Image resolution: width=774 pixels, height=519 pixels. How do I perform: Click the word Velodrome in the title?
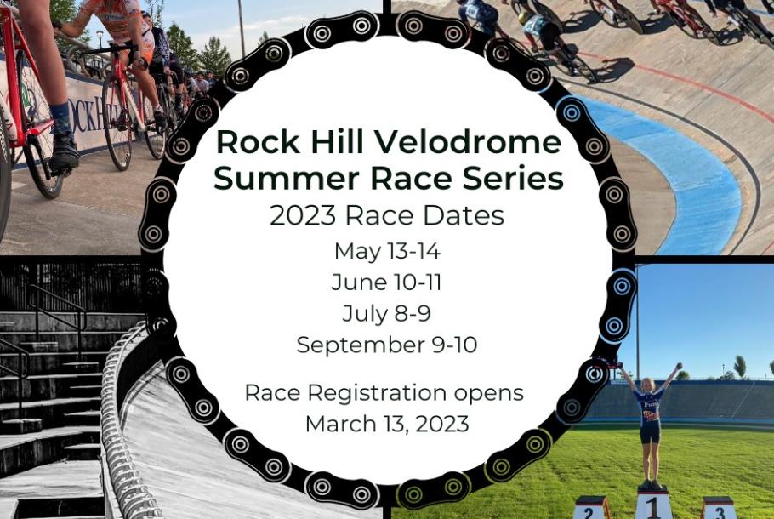point(467,142)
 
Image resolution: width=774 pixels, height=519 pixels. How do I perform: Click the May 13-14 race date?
point(387,251)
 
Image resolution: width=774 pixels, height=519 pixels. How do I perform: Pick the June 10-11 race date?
point(386,282)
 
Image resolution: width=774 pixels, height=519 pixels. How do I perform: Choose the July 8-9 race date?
point(386,314)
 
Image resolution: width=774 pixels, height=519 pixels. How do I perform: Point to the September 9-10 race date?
point(387,345)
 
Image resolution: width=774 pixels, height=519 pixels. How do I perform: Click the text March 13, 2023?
point(387,424)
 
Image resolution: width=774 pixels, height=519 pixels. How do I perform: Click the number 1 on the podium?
point(653,507)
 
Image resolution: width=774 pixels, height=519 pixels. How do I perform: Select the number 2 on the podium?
point(589,512)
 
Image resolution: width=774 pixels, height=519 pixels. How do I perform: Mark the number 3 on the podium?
point(720,512)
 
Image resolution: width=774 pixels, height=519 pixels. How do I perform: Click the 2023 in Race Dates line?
point(303,216)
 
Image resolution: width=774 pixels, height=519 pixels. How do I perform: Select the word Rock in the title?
point(259,142)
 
